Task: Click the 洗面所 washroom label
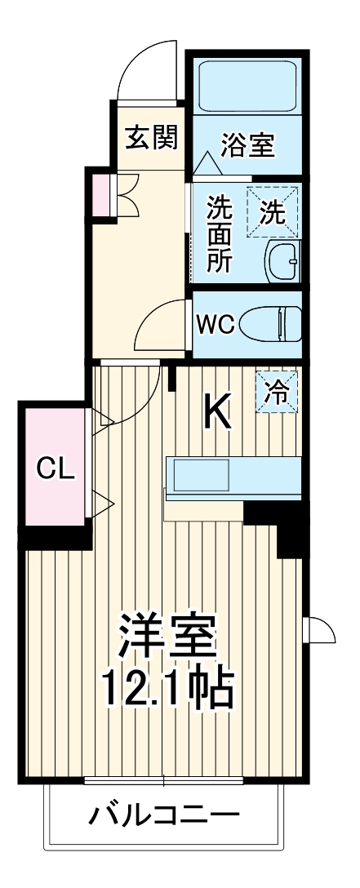tap(219, 233)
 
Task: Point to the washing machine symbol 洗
tap(273, 211)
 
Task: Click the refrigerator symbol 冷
tap(278, 393)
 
